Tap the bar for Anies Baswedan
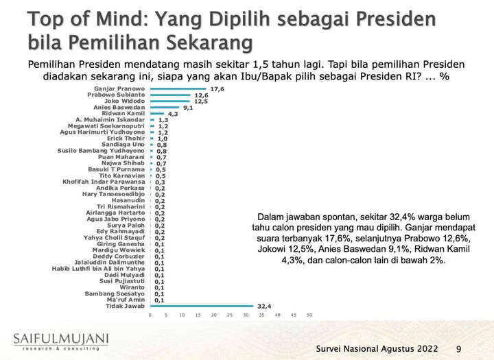coord(164,107)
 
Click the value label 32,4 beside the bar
coord(264,306)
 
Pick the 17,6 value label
coord(218,88)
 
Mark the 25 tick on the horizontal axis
coord(229,315)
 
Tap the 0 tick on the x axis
coord(150,315)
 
